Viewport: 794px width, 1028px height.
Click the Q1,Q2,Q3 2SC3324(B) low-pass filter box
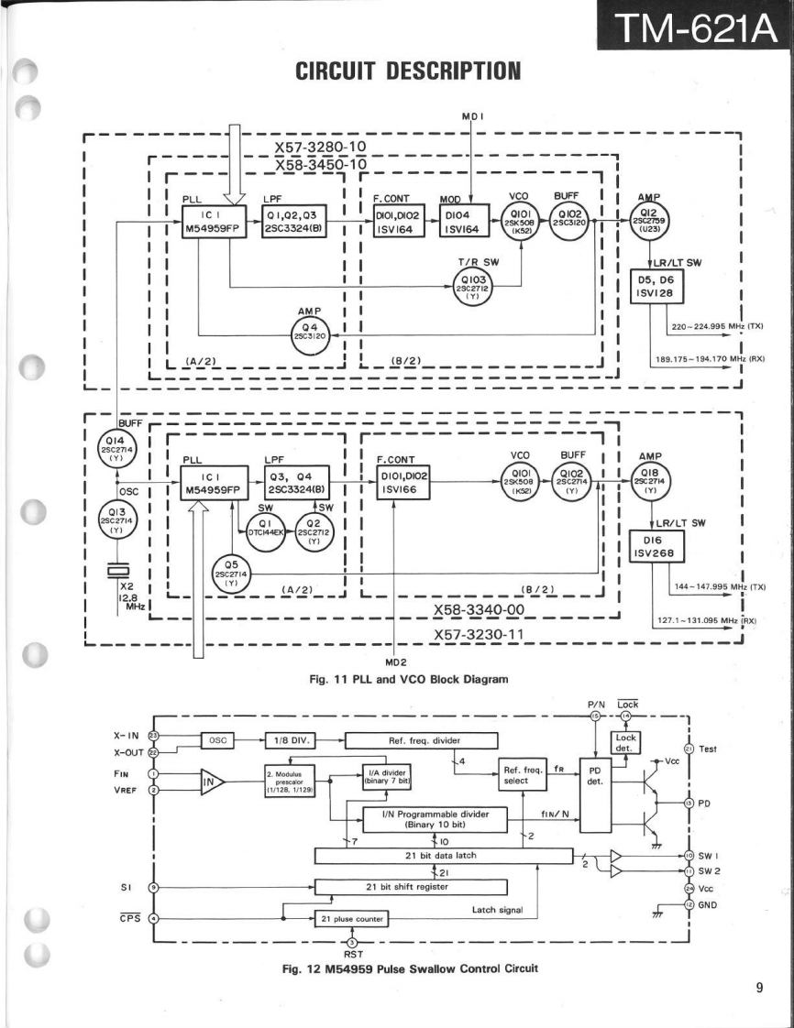(x=297, y=222)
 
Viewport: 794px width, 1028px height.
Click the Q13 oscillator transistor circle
(x=117, y=519)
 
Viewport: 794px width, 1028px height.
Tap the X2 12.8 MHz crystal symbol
(x=118, y=571)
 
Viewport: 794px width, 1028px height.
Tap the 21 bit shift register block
(x=411, y=887)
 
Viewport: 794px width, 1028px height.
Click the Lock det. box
(x=625, y=742)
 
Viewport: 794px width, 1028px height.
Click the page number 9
(x=759, y=987)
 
